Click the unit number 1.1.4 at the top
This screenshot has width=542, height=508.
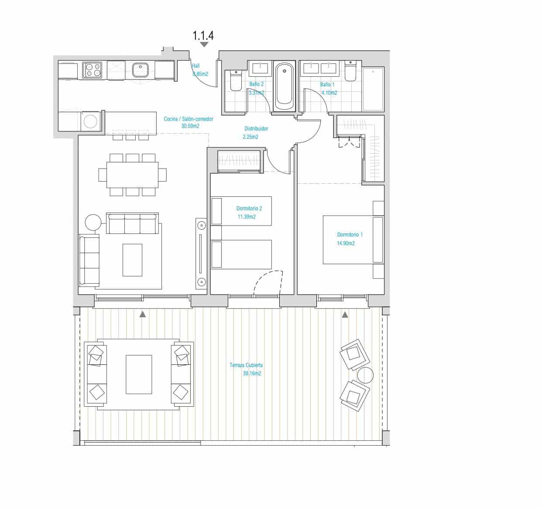coord(203,35)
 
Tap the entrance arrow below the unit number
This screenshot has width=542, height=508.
coord(204,45)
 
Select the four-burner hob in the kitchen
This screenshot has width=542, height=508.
coord(92,70)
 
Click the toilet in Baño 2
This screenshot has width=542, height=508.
coord(236,80)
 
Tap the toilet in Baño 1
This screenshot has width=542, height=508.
coord(350,71)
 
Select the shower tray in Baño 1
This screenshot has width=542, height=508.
coord(373,89)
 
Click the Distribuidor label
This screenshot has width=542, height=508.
coord(256,129)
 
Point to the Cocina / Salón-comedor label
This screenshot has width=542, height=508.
coord(189,119)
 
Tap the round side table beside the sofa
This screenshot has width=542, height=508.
coord(93,223)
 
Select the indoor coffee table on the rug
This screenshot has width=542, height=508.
coord(132,260)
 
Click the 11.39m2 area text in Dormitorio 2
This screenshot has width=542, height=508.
coord(246,217)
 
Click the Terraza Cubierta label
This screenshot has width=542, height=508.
coord(246,365)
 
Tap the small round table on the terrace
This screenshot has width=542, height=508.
coord(365,375)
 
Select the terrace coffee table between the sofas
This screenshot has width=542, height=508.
coord(139,374)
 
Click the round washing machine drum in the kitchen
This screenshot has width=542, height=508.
coord(90,121)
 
